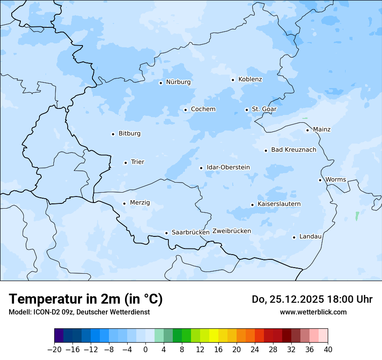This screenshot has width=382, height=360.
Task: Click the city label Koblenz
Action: (250, 79)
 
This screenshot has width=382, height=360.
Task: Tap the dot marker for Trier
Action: (125, 163)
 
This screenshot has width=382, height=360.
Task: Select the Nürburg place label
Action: (178, 82)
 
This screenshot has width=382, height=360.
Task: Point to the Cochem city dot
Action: (185, 110)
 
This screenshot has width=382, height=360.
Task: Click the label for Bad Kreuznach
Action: (293, 150)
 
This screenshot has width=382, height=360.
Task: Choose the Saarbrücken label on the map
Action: (191, 232)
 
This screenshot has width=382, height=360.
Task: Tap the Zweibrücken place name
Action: (231, 231)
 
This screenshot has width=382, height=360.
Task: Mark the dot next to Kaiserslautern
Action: (252, 205)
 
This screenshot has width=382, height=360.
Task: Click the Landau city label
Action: (310, 236)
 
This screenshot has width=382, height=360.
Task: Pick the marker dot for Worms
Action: (320, 180)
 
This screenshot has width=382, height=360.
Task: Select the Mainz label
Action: (322, 129)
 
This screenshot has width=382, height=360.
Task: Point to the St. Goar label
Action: (264, 109)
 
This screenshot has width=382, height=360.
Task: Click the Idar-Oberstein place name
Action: (228, 167)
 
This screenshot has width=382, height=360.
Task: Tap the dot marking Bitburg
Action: (113, 134)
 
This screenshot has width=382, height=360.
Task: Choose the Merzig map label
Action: (140, 203)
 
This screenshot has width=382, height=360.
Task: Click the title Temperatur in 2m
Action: (86, 299)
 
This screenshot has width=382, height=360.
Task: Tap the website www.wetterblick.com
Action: (313, 312)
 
